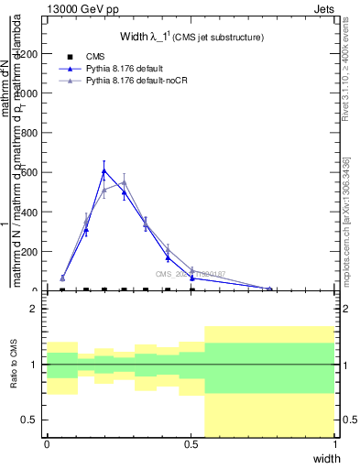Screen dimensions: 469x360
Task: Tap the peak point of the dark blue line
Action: pyautogui.click(x=104, y=170)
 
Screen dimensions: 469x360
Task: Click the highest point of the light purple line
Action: pyautogui.click(x=124, y=181)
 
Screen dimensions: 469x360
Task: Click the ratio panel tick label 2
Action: pyautogui.click(x=35, y=310)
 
